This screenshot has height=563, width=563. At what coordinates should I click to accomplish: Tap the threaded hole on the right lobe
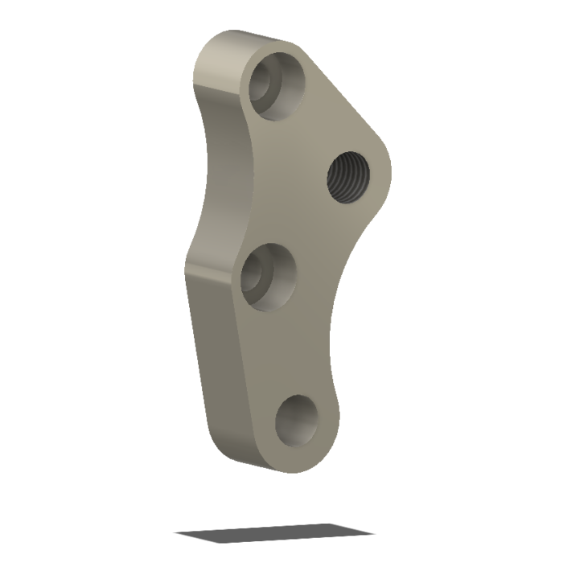[348, 179]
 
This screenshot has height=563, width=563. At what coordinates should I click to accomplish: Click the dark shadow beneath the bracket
[273, 532]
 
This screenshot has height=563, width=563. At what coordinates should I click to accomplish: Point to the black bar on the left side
[35, 281]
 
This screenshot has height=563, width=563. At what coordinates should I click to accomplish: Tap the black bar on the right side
[527, 281]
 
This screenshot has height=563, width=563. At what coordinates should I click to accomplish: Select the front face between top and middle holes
[273, 177]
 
